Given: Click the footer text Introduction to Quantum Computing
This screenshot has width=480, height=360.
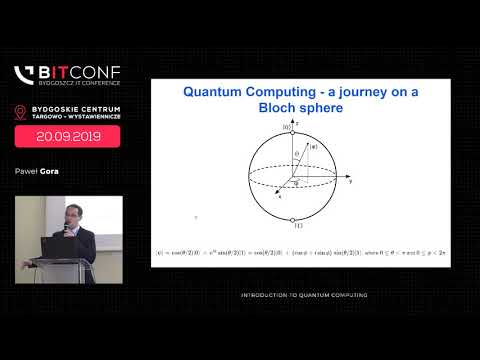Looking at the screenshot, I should [x=304, y=295].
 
